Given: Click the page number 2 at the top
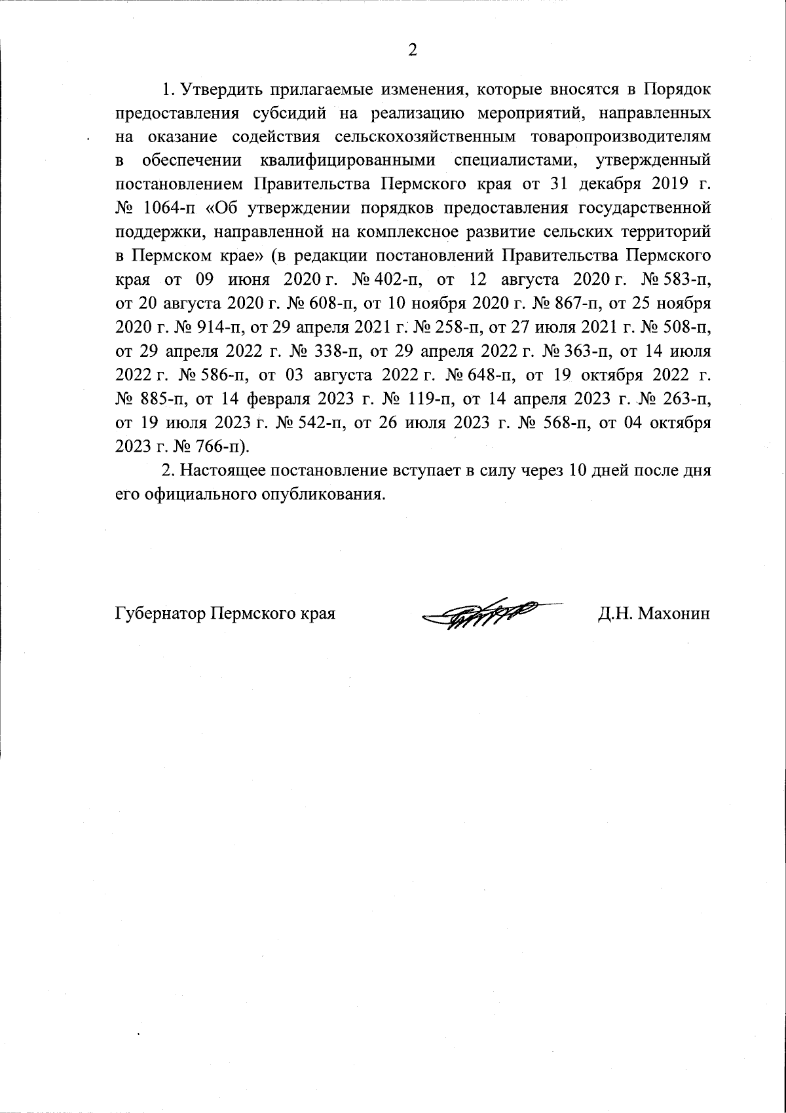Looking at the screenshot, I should pyautogui.click(x=412, y=50).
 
